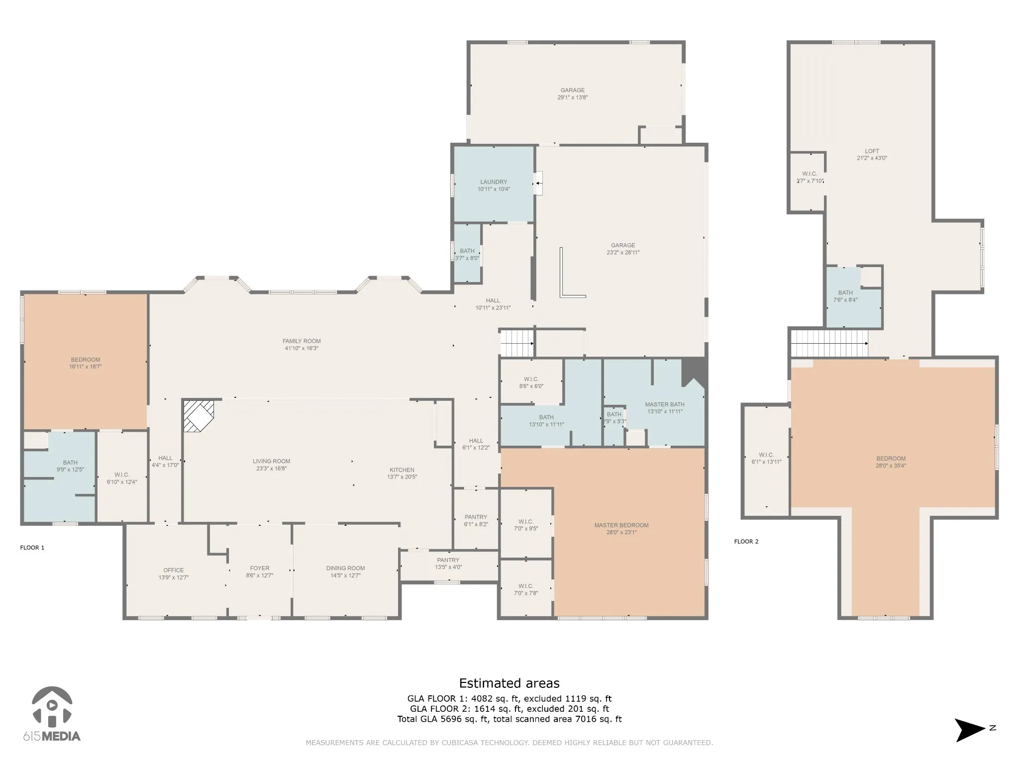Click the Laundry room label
tap(494, 182)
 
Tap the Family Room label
tap(302, 341)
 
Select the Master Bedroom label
tap(621, 525)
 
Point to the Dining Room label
tap(345, 568)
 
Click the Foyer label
tap(260, 568)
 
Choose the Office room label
tap(174, 570)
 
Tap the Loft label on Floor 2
tap(872, 151)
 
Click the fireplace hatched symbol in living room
tap(199, 416)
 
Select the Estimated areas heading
tap(509, 683)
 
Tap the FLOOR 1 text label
tap(32, 548)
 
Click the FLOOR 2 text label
tap(746, 541)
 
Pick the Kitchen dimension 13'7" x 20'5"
tap(402, 477)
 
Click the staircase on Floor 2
tap(829, 343)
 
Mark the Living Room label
tap(271, 461)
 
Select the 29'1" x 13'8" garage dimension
tap(573, 97)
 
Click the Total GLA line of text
tap(509, 719)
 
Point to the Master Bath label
tap(665, 404)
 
